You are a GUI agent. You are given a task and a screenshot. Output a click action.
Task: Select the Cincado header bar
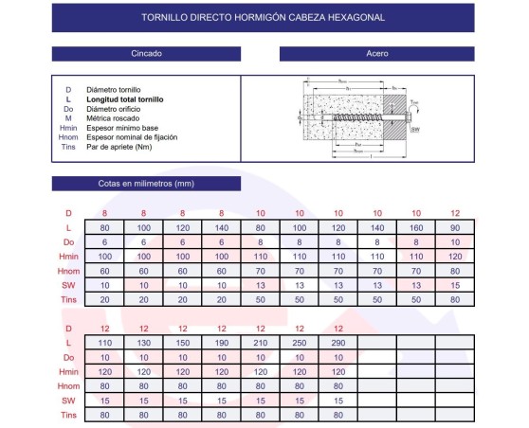tap(146, 54)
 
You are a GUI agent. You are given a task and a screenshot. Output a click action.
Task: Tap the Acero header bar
tap(377, 54)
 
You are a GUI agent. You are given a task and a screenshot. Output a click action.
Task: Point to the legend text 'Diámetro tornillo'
tap(114, 89)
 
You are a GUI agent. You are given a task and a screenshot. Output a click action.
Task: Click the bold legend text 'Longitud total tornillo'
tap(125, 98)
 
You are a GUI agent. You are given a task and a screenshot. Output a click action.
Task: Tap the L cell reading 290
tap(337, 342)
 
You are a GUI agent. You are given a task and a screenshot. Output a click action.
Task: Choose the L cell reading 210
tap(260, 342)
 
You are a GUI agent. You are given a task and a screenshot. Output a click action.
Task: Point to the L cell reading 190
tap(221, 342)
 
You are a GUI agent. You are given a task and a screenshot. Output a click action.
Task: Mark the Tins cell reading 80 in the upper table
tap(454, 299)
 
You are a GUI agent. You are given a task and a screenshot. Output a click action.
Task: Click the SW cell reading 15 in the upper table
tap(454, 285)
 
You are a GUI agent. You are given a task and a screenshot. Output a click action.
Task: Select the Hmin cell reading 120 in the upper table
tap(454, 257)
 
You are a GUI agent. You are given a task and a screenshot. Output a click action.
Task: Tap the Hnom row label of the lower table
tap(67, 385)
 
